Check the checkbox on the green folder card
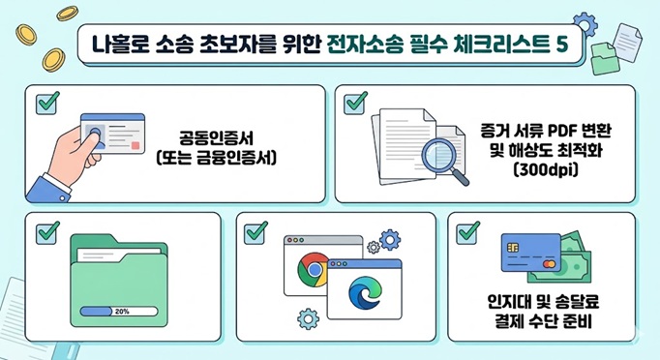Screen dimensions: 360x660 [x=46, y=232]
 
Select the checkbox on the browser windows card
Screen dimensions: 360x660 [x=256, y=232]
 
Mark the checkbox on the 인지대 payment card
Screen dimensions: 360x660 [x=468, y=232]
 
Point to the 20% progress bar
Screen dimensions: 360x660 [x=122, y=312]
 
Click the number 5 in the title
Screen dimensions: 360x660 [x=560, y=44]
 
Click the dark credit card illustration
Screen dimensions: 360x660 [x=528, y=256]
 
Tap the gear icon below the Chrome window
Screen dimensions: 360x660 [x=309, y=316]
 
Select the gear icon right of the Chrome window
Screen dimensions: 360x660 [x=388, y=239]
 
